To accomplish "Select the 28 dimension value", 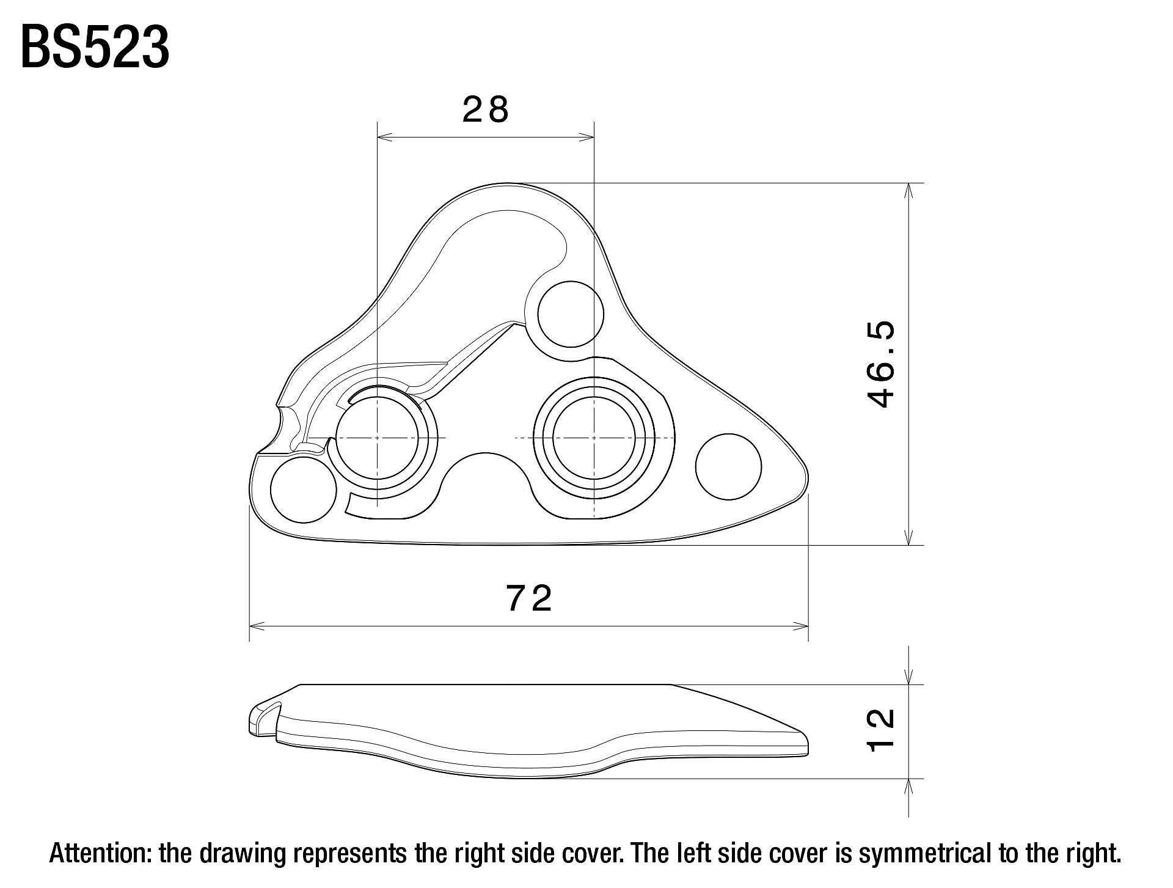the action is click(x=486, y=110).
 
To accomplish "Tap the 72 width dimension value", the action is click(x=529, y=598).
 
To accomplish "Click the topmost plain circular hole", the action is click(x=571, y=314).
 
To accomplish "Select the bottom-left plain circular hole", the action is click(x=304, y=490).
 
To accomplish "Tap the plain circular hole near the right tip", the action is click(x=729, y=466).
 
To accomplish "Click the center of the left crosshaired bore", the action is click(x=378, y=438).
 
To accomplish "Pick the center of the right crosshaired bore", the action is click(x=594, y=438).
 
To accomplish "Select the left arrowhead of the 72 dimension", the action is click(x=257, y=626).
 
